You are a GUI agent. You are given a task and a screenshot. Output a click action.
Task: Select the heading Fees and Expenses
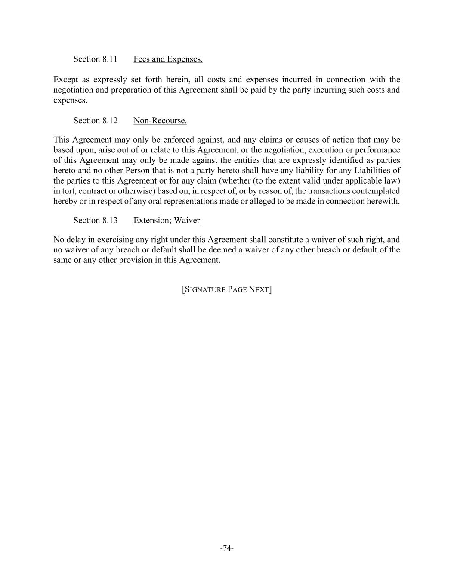[x=168, y=59]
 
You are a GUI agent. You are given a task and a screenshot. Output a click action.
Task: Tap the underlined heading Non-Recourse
[x=160, y=121]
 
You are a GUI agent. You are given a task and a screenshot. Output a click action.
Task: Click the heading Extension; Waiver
[x=167, y=221]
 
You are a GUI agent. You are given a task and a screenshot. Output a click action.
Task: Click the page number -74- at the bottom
[x=227, y=548]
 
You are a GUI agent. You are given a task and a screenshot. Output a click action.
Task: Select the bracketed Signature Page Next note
[x=227, y=289]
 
